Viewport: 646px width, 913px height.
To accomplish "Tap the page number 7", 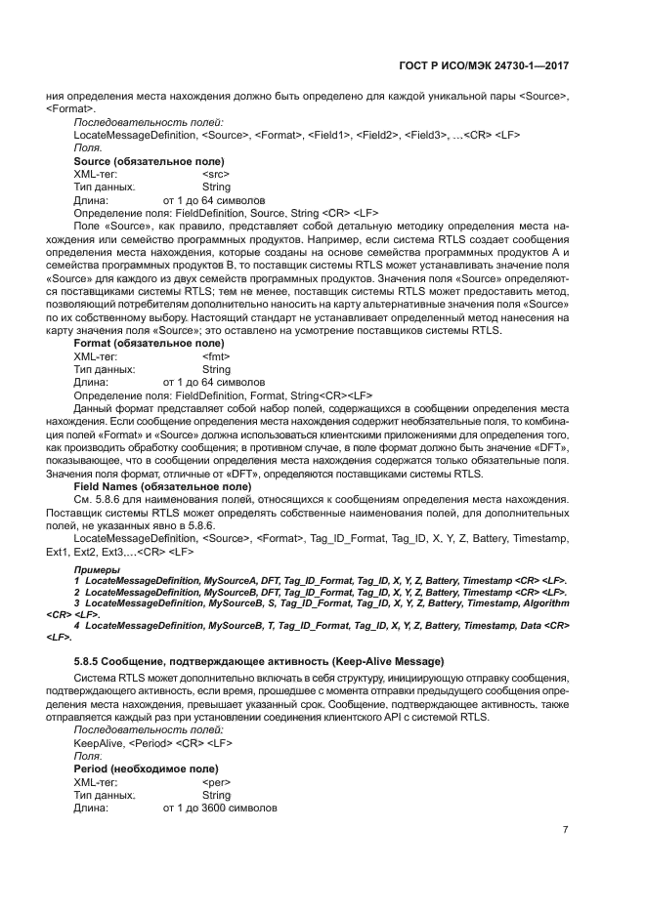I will point(565,830).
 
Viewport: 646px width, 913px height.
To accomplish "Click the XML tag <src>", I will point(215,173).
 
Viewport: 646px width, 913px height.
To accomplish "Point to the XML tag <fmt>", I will point(215,357).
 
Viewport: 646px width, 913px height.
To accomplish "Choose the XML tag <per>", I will point(215,783).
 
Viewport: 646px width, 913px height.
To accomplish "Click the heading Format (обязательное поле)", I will point(149,345).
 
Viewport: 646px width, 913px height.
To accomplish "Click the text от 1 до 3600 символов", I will point(221,809).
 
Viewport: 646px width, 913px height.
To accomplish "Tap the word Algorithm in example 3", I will point(540,603).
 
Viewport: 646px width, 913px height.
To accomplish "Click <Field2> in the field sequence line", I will point(380,133).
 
